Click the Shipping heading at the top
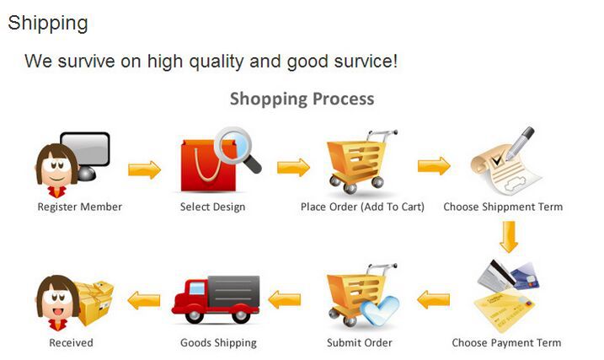point(48,23)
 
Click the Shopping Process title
point(302,99)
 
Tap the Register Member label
point(80,207)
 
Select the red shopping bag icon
point(208,166)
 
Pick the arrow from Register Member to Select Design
point(144,169)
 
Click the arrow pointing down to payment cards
point(509,237)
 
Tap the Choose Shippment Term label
point(503,207)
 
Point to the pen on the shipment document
point(520,143)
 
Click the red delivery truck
point(216,299)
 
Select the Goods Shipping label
point(218,342)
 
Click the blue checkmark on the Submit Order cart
point(381,309)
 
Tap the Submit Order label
point(360,342)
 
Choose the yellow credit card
point(504,310)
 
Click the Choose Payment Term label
point(506,342)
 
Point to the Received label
point(72,342)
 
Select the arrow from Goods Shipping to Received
point(144,300)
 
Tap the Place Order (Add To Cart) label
point(362,207)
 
